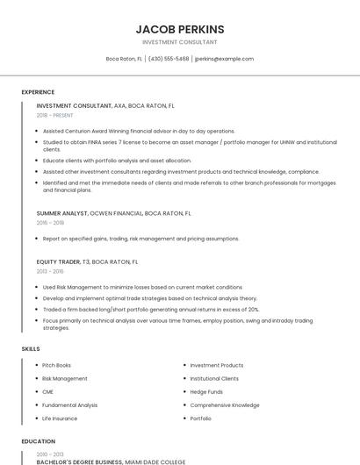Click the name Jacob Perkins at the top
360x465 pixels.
180,29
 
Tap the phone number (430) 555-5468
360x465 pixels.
169,59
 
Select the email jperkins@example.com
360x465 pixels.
224,59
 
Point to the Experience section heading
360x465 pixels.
38,92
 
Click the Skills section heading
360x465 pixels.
31,349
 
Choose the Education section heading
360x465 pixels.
38,441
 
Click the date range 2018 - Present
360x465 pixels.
55,115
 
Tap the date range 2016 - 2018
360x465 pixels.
50,223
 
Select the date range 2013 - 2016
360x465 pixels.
50,272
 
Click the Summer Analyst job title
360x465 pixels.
62,213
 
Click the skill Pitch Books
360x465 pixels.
57,365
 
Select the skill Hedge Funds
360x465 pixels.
207,392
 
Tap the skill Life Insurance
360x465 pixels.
60,418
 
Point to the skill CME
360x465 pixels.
47,392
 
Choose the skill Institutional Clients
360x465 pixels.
214,378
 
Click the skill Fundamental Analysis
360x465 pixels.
69,405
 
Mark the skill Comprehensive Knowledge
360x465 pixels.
225,405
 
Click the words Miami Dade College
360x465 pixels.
155,461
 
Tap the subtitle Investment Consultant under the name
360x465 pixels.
180,42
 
